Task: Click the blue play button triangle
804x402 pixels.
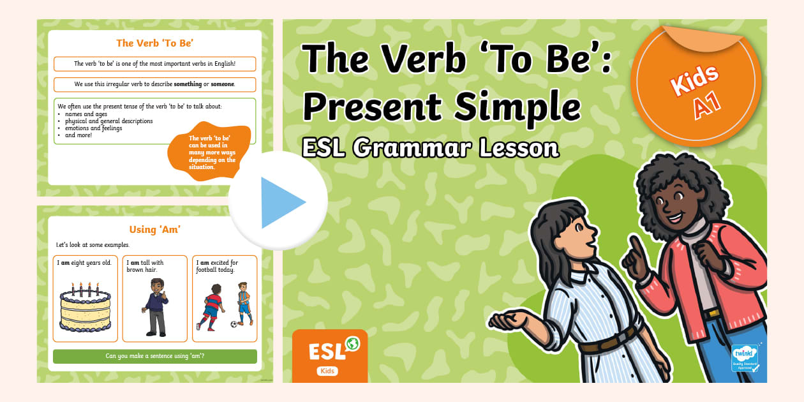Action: click(281, 202)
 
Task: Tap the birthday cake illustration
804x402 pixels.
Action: click(85, 310)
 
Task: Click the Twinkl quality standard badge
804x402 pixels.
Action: click(744, 358)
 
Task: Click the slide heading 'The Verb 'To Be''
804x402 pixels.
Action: click(154, 43)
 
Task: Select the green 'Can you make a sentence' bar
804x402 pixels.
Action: click(154, 356)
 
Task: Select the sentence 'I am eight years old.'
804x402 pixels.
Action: click(84, 262)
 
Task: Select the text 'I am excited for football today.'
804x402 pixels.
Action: click(217, 265)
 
